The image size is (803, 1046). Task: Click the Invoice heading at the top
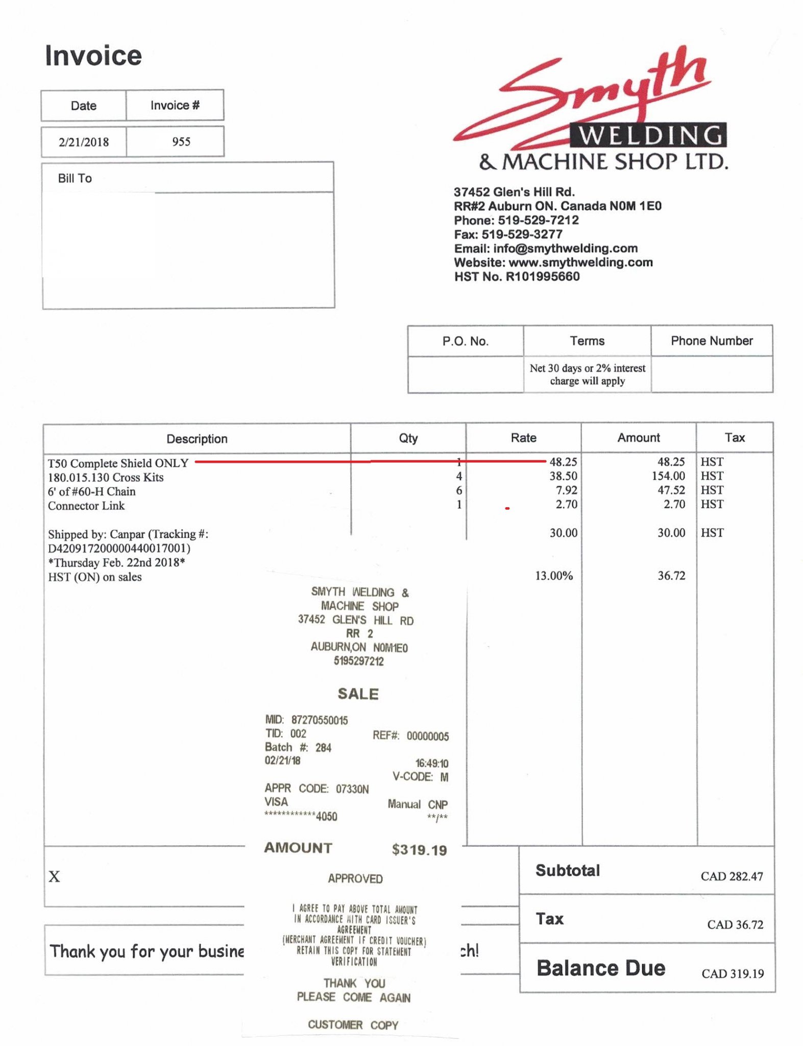click(x=93, y=55)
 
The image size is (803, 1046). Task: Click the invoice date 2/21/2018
click(x=83, y=142)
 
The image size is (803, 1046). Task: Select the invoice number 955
click(x=181, y=141)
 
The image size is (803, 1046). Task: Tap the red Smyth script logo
click(x=587, y=94)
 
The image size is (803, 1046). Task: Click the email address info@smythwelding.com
click(x=565, y=248)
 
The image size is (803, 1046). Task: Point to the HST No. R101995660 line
click(x=517, y=276)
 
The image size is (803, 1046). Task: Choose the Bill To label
click(x=75, y=178)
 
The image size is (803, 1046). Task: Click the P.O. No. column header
click(x=465, y=341)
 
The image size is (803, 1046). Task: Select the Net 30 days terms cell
click(x=587, y=374)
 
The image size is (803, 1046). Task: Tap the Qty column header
click(x=408, y=438)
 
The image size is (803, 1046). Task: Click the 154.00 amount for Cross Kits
click(x=668, y=476)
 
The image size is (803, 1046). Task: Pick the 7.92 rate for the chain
click(x=567, y=490)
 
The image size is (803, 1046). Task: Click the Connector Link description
click(x=86, y=506)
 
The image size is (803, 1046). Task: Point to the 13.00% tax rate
click(x=554, y=576)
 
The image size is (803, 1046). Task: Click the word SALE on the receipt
click(x=358, y=694)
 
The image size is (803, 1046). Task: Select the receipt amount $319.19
click(x=419, y=850)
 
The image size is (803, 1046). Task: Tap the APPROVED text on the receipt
click(x=355, y=878)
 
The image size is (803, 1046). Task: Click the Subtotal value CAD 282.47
click(x=732, y=876)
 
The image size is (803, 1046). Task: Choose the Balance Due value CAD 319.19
click(x=733, y=973)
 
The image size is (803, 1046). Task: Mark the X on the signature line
click(x=54, y=877)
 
